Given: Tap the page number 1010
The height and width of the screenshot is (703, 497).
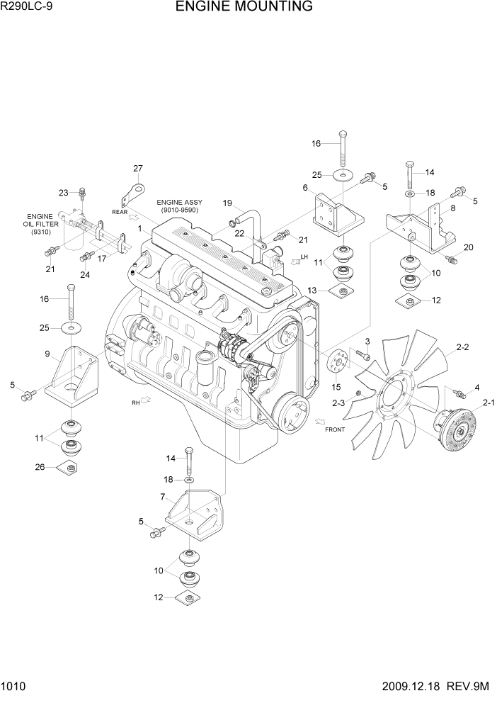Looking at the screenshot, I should coord(14,686).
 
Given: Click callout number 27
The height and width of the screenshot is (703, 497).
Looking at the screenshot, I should coord(138,168).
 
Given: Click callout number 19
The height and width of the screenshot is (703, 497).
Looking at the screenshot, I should coord(228,203).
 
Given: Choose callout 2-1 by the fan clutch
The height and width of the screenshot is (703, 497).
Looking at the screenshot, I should coord(489,403).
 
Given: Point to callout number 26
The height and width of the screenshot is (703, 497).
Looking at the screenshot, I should coord(39,466).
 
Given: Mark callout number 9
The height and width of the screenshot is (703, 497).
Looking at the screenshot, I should coord(47,354).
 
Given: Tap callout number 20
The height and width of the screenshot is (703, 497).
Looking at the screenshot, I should coord(468,247).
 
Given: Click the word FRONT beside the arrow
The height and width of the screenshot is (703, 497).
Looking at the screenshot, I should coord(335,429).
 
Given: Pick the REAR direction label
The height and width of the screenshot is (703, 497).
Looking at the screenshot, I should coord(118,211).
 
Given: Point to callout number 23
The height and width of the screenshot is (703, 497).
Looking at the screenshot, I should coord(63,192).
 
